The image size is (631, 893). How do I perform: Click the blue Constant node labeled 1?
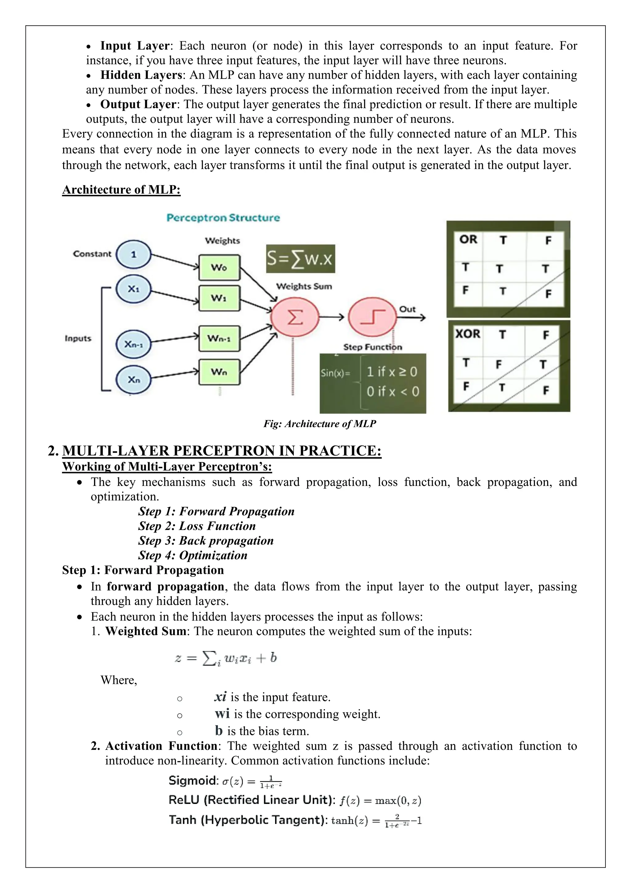(133, 255)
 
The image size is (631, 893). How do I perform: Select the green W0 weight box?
(219, 268)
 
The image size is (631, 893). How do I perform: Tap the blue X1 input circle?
(133, 289)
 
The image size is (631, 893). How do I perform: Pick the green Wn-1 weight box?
(219, 338)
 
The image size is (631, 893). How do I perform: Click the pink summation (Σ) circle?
(295, 317)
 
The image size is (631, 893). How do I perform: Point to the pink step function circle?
(372, 317)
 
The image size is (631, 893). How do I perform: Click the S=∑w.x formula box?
(300, 259)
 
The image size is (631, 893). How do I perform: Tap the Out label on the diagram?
(407, 309)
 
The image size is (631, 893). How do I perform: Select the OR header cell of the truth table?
(468, 240)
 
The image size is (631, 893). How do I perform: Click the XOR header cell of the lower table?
(468, 334)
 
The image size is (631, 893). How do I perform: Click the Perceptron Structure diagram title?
(223, 218)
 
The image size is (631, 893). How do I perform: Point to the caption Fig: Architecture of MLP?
(320, 424)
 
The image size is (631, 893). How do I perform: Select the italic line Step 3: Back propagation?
(206, 541)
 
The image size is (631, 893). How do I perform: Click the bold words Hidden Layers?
(141, 75)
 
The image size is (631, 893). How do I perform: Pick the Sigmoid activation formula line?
(225, 780)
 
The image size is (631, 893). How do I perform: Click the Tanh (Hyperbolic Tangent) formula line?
(295, 820)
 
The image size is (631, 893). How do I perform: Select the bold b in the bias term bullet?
(219, 731)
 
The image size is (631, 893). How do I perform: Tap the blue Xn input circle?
(133, 380)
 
